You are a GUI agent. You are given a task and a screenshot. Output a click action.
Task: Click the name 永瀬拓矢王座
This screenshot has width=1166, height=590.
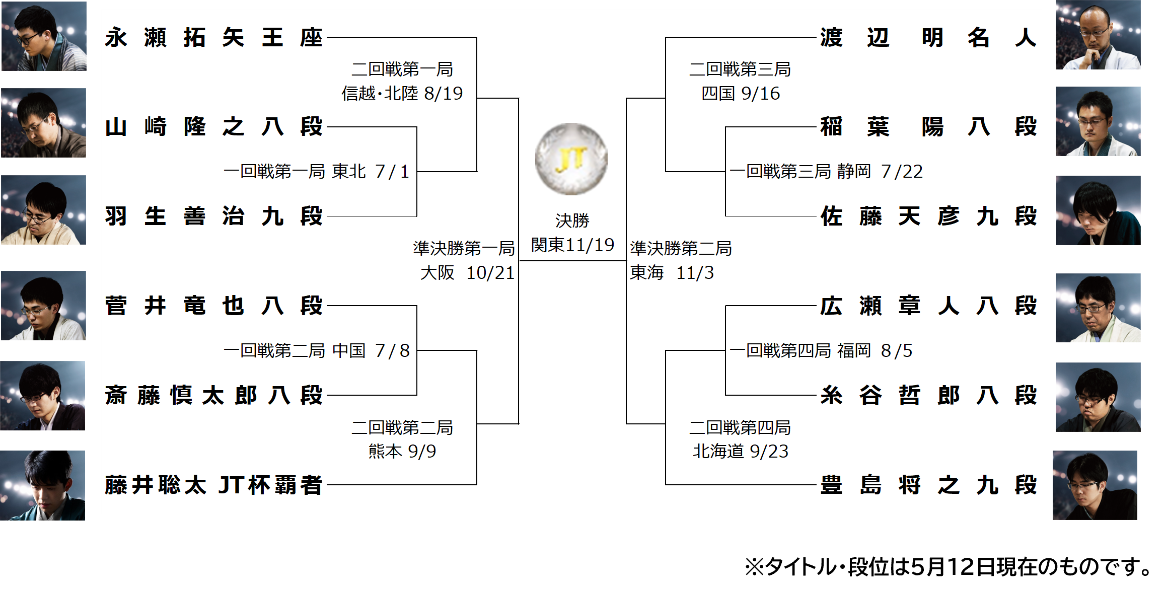213,38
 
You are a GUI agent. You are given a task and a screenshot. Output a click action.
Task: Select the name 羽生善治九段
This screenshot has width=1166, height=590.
213,216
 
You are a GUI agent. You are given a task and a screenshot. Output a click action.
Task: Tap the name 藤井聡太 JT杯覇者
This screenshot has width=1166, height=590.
213,485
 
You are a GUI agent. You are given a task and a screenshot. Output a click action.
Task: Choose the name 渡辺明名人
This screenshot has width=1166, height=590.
928,38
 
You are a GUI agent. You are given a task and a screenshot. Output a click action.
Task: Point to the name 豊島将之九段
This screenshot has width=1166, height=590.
928,485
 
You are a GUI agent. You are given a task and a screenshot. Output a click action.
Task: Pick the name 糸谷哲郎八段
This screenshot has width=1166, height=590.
928,396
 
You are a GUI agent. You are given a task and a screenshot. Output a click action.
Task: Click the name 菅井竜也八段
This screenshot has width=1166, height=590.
213,306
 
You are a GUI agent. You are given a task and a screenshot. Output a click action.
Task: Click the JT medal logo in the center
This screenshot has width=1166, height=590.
571,159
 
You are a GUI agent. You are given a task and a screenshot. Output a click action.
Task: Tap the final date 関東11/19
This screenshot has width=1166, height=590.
572,245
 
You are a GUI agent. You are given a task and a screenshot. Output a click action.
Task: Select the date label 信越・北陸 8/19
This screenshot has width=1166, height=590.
402,94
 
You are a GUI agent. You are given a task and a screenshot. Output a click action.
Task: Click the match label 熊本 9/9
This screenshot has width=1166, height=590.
402,452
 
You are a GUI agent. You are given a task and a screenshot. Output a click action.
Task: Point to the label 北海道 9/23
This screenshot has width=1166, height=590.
740,452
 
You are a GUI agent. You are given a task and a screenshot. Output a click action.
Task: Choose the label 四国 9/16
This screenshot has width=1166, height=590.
740,94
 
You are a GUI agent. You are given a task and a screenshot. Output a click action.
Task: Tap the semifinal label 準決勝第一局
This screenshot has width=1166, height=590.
464,248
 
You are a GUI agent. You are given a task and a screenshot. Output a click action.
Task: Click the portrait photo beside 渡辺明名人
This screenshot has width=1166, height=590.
1098,35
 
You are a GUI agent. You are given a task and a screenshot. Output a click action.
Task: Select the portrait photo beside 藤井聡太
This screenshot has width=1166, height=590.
43,485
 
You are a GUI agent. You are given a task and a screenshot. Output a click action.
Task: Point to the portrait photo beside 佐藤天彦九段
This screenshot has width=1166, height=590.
1098,210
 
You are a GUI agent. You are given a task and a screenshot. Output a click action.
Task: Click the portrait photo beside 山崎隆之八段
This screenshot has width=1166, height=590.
43,123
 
